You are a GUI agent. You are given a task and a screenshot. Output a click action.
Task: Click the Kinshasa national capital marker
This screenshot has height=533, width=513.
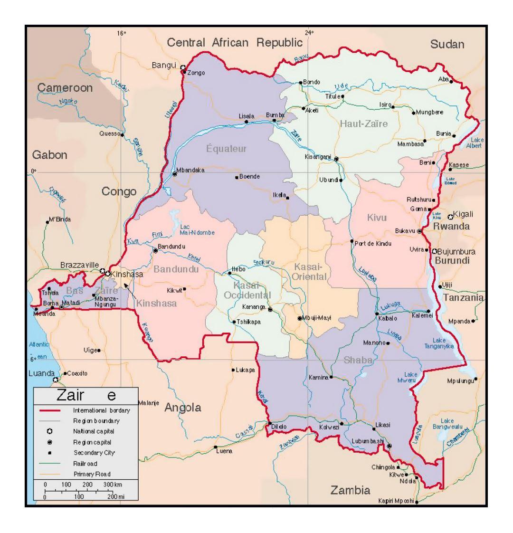(x=108, y=274)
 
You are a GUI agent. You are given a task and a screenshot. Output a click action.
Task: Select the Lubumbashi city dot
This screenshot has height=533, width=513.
(x=389, y=446)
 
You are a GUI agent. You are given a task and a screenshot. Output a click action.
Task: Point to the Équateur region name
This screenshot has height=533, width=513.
(x=227, y=149)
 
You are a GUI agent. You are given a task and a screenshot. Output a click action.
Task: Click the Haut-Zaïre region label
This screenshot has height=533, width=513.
(x=364, y=124)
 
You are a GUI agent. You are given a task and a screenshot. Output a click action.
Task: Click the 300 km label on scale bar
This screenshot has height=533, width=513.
(x=113, y=484)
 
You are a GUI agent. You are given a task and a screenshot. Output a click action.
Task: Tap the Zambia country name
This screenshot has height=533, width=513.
(x=351, y=490)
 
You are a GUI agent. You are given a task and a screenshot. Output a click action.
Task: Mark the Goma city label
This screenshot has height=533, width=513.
(x=420, y=209)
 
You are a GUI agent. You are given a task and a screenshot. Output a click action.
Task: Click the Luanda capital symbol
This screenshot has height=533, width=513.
(x=56, y=380)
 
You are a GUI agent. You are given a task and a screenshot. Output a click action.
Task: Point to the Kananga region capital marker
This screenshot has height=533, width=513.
(x=270, y=310)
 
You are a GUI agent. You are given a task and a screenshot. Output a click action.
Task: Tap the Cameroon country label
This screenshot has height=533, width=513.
(x=65, y=88)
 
